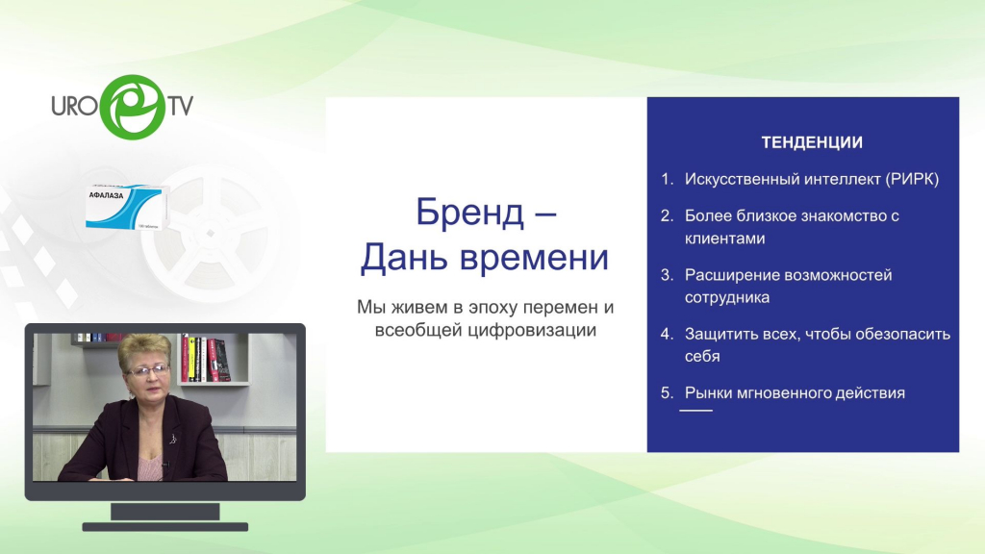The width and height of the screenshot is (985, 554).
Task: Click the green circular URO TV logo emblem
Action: (x=133, y=107)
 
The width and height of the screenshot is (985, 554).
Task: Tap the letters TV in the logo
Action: (x=180, y=106)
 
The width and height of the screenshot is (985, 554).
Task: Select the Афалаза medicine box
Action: (x=126, y=207)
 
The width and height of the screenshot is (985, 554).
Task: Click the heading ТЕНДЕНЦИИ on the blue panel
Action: (x=812, y=142)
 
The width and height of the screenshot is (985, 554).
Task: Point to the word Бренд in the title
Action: (x=469, y=212)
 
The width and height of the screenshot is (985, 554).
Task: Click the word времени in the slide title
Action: (x=534, y=258)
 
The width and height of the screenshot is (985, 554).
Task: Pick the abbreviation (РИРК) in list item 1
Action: (x=912, y=179)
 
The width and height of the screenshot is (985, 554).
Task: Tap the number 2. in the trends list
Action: (x=668, y=215)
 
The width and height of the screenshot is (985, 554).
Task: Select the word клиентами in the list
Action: (x=725, y=239)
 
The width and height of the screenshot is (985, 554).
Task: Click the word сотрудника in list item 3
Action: (x=727, y=298)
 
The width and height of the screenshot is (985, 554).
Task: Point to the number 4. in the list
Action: (x=668, y=334)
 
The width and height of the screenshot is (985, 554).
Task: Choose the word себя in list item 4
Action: (x=702, y=356)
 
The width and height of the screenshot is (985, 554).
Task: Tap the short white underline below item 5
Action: (x=696, y=410)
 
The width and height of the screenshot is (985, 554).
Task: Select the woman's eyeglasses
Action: (x=148, y=370)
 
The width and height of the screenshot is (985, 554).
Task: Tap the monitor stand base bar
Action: (x=165, y=527)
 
